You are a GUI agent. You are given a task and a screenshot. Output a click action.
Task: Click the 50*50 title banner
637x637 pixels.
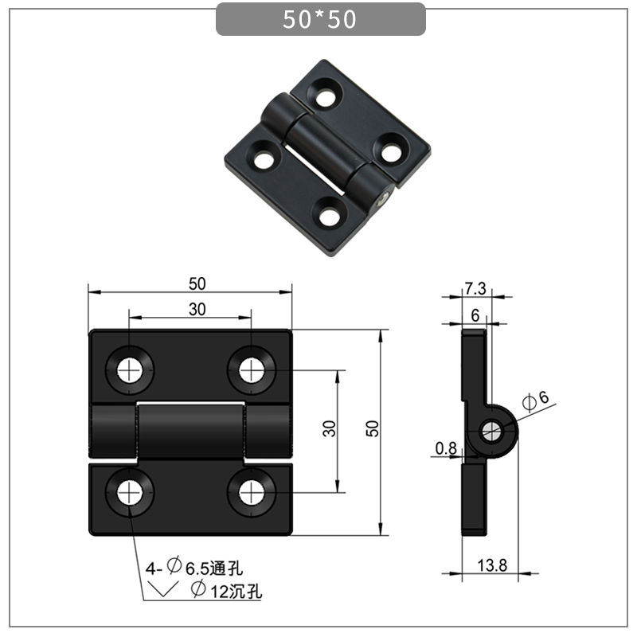tap(320, 20)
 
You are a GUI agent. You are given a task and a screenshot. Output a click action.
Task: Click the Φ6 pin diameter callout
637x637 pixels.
tap(535, 401)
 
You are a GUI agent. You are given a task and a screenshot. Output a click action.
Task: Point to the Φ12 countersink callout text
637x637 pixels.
tap(226, 591)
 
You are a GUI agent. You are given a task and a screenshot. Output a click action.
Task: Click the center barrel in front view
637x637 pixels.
tap(190, 431)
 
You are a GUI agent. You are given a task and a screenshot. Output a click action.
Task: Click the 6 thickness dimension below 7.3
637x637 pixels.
tap(475, 315)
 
